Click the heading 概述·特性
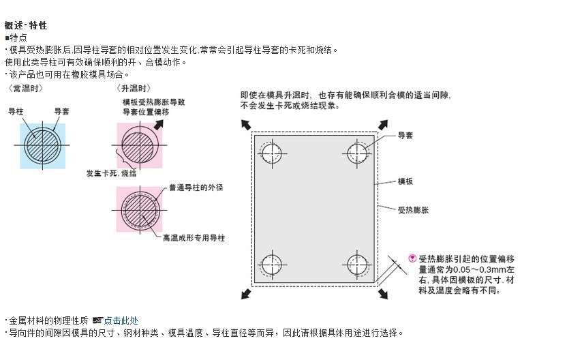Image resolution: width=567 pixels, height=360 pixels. pos(26,26)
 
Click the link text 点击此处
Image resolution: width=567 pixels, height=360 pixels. pos(121,320)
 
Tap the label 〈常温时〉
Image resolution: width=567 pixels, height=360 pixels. pos(26,89)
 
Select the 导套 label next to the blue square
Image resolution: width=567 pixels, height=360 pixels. pos(62,110)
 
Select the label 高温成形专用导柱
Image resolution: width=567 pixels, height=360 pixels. pos(194,238)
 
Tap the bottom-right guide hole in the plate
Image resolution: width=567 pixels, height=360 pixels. pos(357,263)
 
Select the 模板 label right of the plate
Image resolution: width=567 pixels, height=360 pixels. pos(405,181)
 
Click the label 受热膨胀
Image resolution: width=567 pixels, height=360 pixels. pos(413,210)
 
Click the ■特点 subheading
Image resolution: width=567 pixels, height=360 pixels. pos(16,37)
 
